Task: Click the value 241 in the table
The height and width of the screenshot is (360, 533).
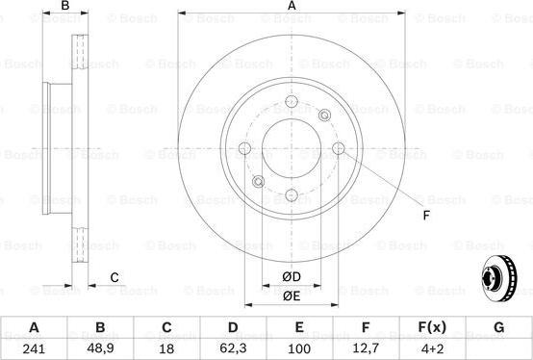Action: [34, 349]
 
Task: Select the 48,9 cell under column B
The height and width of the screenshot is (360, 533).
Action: [100, 349]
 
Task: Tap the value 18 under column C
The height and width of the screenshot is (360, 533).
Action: [166, 349]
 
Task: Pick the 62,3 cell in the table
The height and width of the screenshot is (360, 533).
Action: [233, 349]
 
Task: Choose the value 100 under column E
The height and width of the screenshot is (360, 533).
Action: [299, 349]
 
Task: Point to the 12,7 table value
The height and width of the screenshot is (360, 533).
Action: [366, 349]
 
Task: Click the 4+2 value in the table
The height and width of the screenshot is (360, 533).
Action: [432, 349]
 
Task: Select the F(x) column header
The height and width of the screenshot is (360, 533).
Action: [432, 327]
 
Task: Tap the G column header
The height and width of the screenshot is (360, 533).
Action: [498, 327]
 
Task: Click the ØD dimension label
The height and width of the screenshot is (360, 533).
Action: [292, 276]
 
